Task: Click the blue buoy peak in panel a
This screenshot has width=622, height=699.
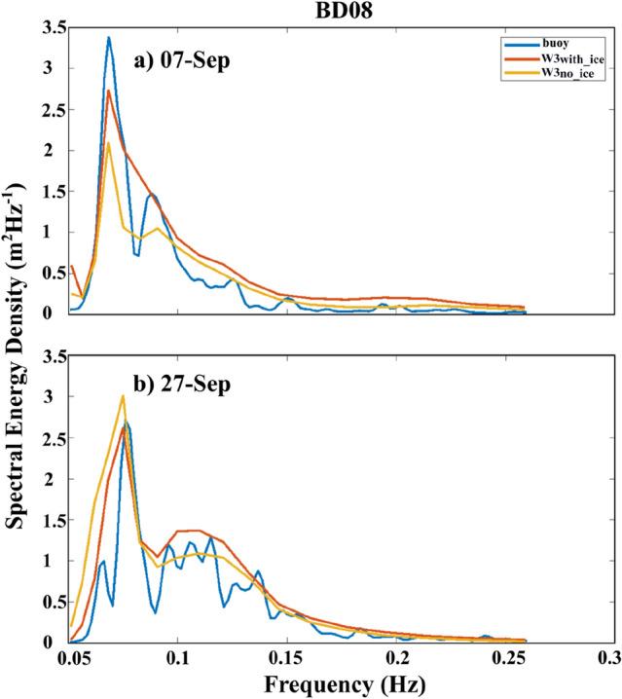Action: click(109, 38)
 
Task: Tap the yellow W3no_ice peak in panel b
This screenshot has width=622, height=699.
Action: click(123, 396)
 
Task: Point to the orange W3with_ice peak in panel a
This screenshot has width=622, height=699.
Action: click(109, 92)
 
